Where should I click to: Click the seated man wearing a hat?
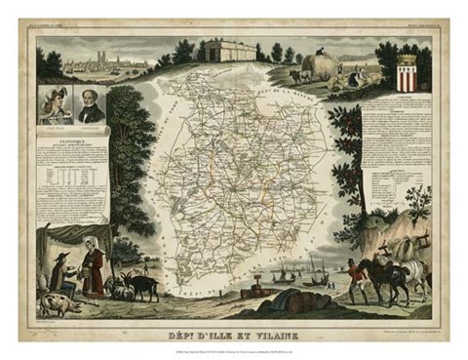pyautogui.click(x=61, y=276)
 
